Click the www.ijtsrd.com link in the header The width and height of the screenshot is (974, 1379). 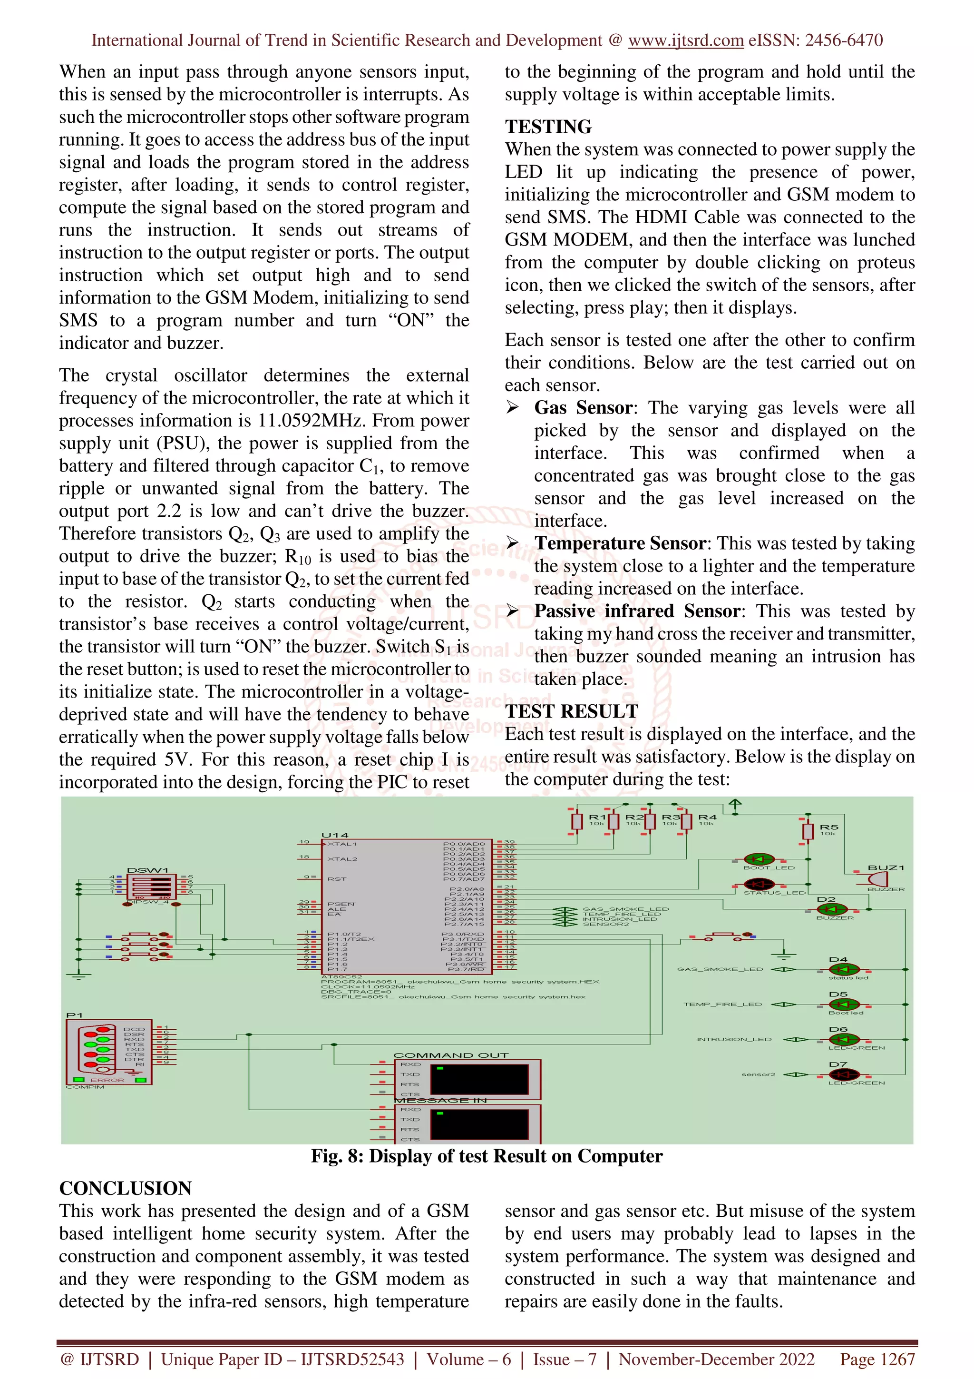[685, 40]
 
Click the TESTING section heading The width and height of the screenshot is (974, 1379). [548, 127]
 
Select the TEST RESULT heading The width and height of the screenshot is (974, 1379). [571, 711]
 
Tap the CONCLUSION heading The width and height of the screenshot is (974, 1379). [126, 1188]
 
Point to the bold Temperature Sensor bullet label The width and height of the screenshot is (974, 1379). [620, 543]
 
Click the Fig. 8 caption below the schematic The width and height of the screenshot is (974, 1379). [486, 1156]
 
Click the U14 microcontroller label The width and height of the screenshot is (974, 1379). [334, 835]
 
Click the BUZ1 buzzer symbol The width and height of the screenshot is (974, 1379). [878, 879]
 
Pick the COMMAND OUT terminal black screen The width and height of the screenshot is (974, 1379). [479, 1079]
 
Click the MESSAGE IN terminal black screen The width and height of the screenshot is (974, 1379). [479, 1124]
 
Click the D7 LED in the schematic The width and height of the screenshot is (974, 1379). [843, 1074]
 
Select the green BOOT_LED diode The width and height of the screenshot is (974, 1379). [759, 859]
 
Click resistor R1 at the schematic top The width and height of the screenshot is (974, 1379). [577, 821]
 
